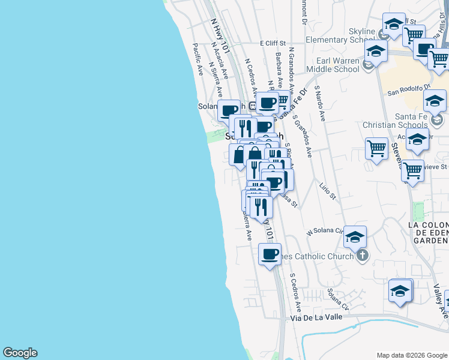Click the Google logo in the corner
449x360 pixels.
coord(20,353)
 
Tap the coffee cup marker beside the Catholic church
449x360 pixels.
coord(270,253)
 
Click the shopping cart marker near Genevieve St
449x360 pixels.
coord(412,170)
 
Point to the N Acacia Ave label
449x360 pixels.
coord(218,64)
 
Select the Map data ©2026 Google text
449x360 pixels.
coord(411,355)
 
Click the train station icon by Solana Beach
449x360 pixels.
coord(253,106)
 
